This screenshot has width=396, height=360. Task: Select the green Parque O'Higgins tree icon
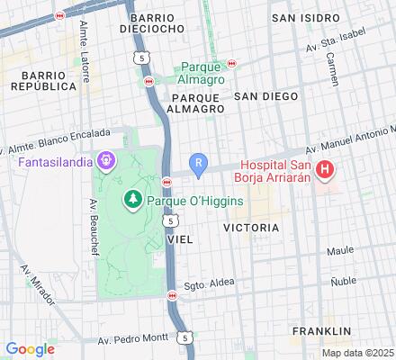[133, 197]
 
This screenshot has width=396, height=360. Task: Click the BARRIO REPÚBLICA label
[42, 80]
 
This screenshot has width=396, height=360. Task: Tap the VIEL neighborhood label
[180, 240]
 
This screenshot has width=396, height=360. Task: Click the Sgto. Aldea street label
[210, 283]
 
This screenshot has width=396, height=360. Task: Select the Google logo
[30, 349]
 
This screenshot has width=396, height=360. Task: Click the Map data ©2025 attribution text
[357, 353]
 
